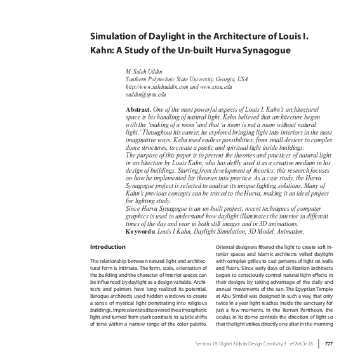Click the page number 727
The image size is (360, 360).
329,345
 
